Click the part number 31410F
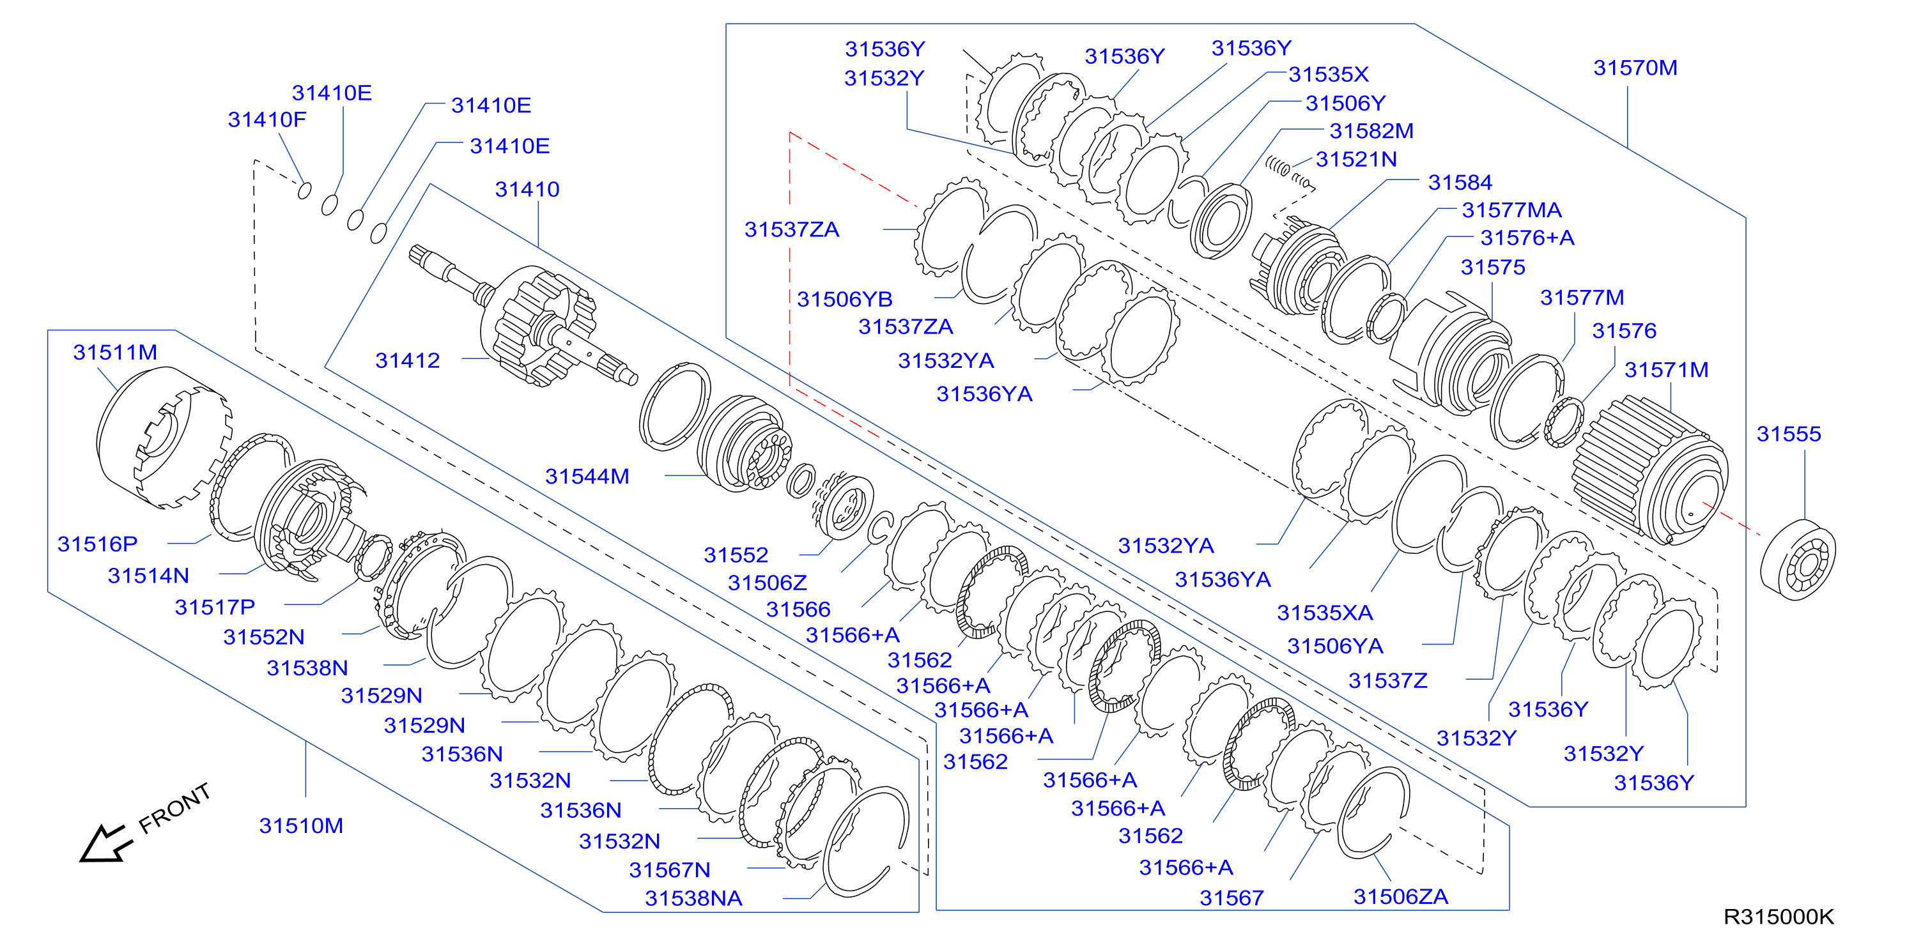pyautogui.click(x=266, y=119)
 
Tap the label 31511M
pyautogui.click(x=115, y=352)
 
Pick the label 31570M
pyautogui.click(x=1635, y=68)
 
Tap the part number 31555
pyautogui.click(x=1789, y=434)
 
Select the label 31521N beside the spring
pyautogui.click(x=1356, y=159)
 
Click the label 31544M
pyautogui.click(x=587, y=476)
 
